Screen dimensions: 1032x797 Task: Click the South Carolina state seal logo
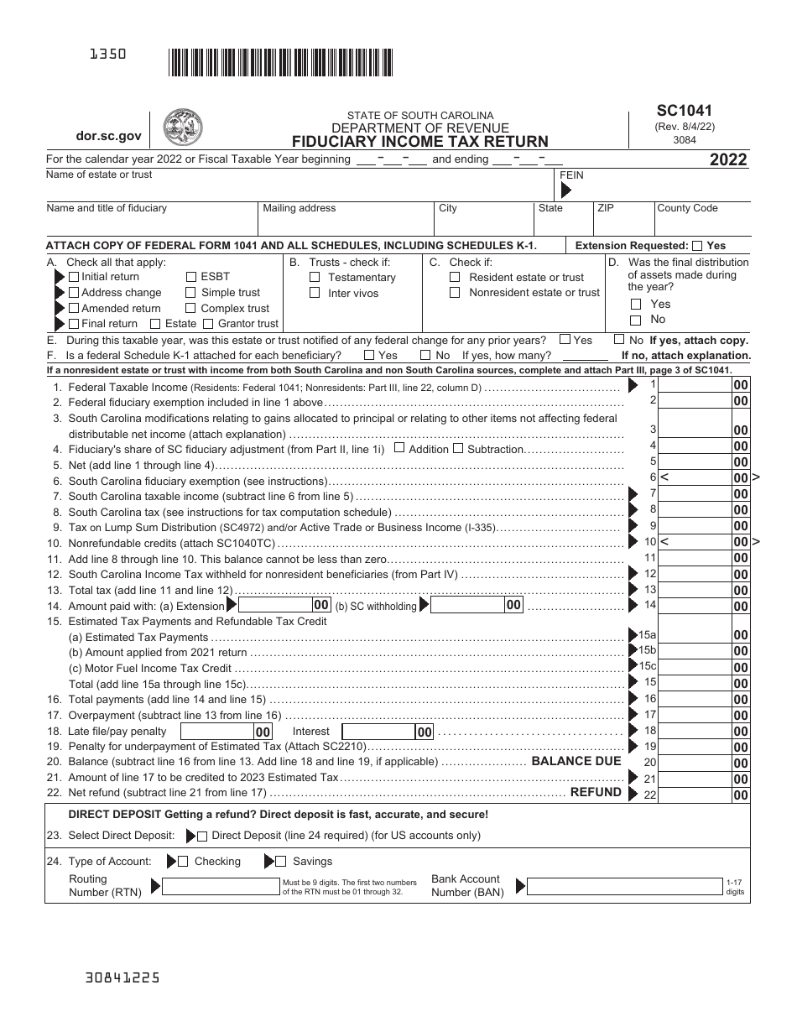click(x=182, y=128)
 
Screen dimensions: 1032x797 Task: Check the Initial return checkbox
click(x=74, y=277)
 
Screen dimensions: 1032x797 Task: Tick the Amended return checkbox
click(x=74, y=309)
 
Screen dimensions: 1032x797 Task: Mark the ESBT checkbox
click(x=191, y=277)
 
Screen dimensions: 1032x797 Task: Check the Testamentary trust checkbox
click(x=315, y=278)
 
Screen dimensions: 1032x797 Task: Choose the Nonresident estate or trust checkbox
click(x=455, y=293)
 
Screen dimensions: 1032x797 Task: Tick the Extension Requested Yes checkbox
click(x=696, y=246)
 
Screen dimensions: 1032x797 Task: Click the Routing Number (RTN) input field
click(x=221, y=886)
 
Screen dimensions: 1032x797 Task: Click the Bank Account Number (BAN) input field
click(x=625, y=886)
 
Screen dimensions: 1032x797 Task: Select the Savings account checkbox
click(x=281, y=861)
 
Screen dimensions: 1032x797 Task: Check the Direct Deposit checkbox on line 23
click(x=201, y=836)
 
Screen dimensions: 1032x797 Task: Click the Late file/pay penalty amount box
click(x=216, y=732)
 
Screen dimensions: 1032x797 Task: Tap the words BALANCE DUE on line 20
click(x=576, y=761)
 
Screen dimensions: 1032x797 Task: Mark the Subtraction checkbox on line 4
click(x=458, y=448)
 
